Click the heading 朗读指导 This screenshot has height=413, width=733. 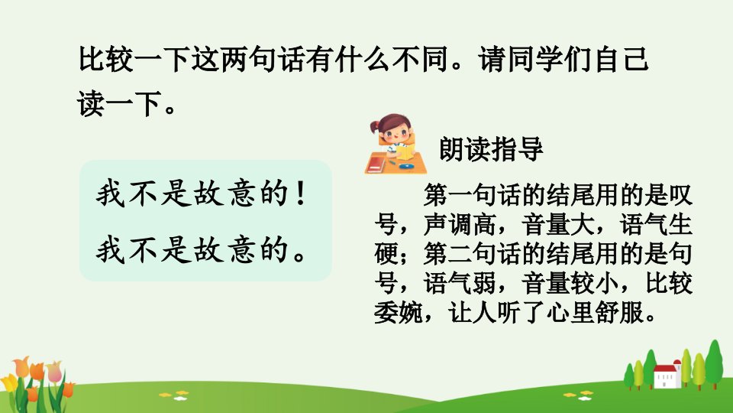pyautogui.click(x=491, y=149)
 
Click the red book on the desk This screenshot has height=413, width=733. pyautogui.click(x=376, y=164)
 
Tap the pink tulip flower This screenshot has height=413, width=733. pyautogui.click(x=53, y=371)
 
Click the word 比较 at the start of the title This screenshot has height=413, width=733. pyautogui.click(x=105, y=60)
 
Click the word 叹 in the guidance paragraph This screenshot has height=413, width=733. pyautogui.click(x=680, y=195)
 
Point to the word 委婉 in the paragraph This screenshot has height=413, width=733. pyautogui.click(x=399, y=312)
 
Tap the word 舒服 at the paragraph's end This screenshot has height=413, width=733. pyautogui.click(x=619, y=312)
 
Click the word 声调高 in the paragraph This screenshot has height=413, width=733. pyautogui.click(x=460, y=224)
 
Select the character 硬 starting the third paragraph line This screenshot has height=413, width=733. pyautogui.click(x=386, y=253)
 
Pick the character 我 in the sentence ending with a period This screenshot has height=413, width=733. pyautogui.click(x=110, y=250)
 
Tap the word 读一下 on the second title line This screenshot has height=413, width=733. pyautogui.click(x=120, y=103)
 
